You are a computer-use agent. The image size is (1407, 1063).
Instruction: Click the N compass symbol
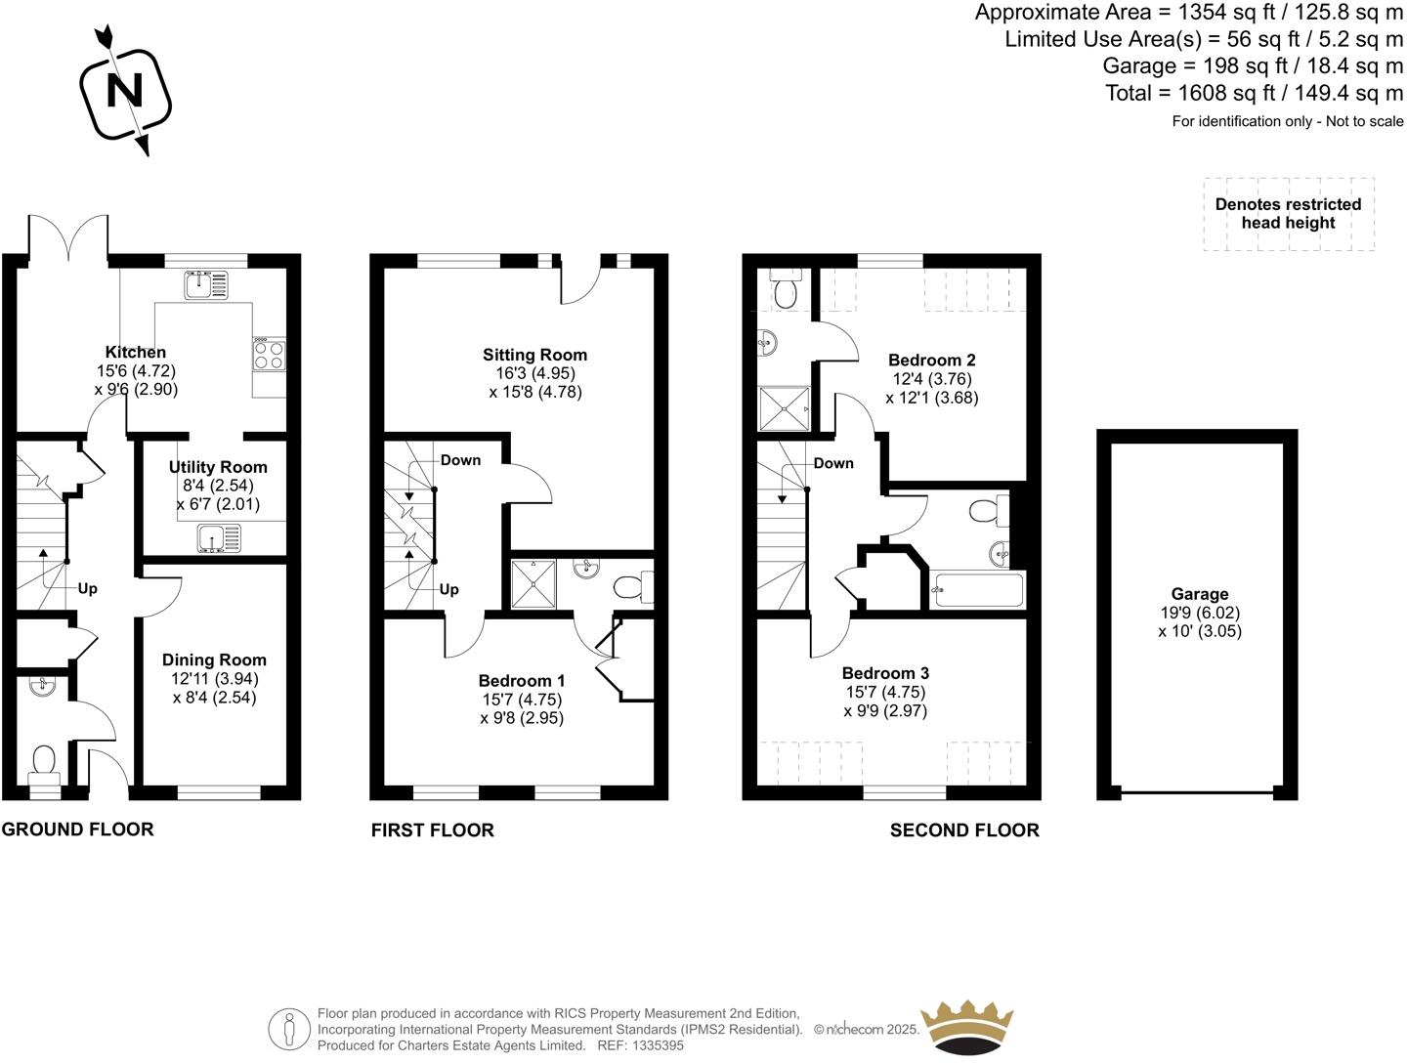pyautogui.click(x=124, y=91)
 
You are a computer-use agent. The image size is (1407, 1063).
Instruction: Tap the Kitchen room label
pyautogui.click(x=136, y=353)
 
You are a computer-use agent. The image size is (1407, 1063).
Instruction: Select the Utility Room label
pyautogui.click(x=218, y=468)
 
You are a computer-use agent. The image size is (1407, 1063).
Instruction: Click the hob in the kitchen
pyautogui.click(x=270, y=355)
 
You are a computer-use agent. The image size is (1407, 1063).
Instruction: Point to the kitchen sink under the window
pyautogui.click(x=205, y=284)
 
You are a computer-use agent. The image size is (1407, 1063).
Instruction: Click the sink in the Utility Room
pyautogui.click(x=218, y=537)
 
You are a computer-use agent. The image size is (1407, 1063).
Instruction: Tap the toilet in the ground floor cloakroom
pyautogui.click(x=44, y=762)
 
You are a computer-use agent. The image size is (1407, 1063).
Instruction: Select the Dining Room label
pyautogui.click(x=214, y=660)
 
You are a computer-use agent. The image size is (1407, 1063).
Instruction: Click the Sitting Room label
pyautogui.click(x=534, y=356)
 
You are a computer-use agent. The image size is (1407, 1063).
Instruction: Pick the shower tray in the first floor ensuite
pyautogui.click(x=536, y=583)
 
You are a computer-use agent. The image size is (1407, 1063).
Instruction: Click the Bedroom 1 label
pyautogui.click(x=522, y=681)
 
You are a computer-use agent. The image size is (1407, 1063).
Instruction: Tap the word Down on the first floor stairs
pyautogui.click(x=460, y=460)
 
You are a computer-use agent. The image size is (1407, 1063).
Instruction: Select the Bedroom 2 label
pyautogui.click(x=931, y=361)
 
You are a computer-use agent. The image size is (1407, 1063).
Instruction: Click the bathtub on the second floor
pyautogui.click(x=978, y=590)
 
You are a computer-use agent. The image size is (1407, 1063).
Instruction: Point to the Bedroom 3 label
pyautogui.click(x=885, y=673)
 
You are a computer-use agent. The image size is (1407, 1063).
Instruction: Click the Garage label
pyautogui.click(x=1199, y=594)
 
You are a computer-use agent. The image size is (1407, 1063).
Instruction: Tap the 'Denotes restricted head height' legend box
pyautogui.click(x=1288, y=214)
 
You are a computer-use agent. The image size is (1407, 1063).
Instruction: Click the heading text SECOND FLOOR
pyautogui.click(x=964, y=830)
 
